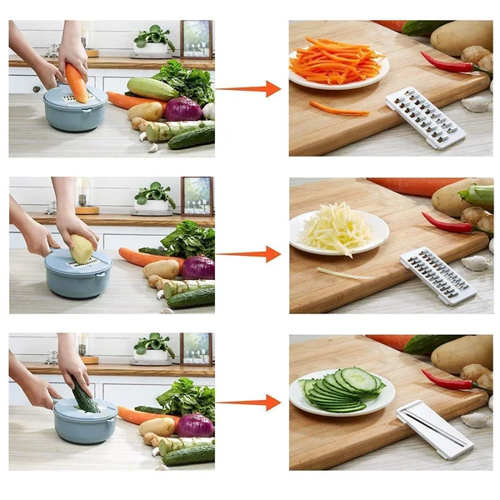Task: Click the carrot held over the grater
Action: pyautogui.click(x=77, y=82)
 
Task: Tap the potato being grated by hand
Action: pyautogui.click(x=82, y=248)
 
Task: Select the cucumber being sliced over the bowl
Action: pyautogui.click(x=82, y=395)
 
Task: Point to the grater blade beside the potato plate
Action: pyautogui.click(x=437, y=275)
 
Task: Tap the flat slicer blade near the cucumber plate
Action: pyautogui.click(x=434, y=428)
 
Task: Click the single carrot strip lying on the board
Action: pyautogui.click(x=338, y=108)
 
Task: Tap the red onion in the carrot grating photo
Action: pyautogui.click(x=182, y=109)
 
